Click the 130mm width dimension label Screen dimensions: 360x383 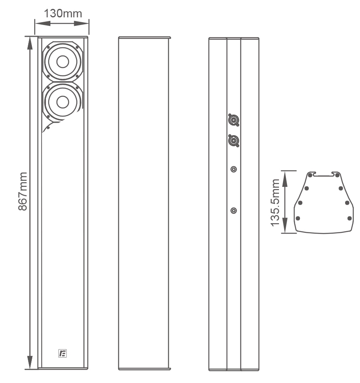(63, 13)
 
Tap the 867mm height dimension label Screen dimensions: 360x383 (23, 191)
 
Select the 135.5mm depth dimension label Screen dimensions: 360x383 (275, 203)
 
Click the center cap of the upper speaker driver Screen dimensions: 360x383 (63, 62)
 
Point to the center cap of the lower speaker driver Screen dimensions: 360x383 (63, 102)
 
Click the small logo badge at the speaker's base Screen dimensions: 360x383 (63, 354)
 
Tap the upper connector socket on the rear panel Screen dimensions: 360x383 (233, 120)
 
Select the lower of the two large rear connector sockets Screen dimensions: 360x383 (233, 141)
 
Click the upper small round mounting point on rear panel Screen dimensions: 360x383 (233, 169)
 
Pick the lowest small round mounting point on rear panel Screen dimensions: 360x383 (233, 211)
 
